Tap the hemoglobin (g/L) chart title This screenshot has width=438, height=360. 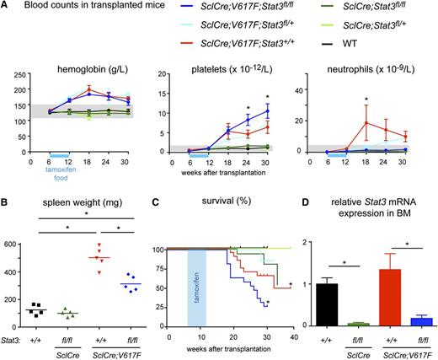point(79,70)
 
